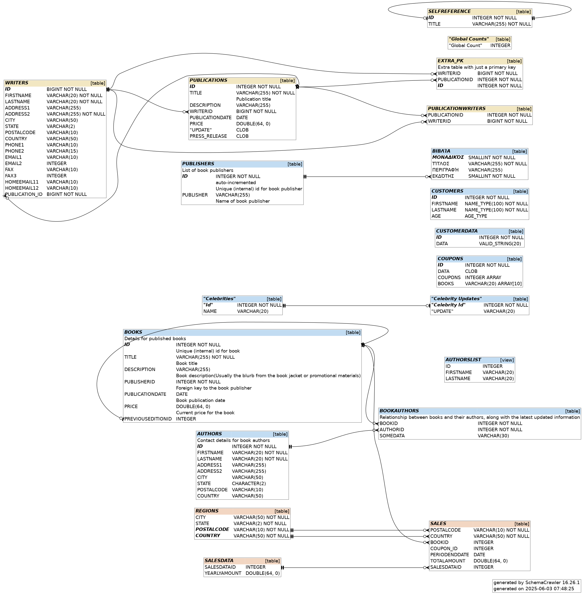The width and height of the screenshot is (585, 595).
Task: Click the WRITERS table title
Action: coord(17,83)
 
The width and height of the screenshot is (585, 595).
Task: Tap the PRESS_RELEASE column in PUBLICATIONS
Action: coord(208,136)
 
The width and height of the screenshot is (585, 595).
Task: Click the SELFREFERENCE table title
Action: coord(449,11)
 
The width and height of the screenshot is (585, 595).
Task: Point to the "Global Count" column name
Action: coord(466,46)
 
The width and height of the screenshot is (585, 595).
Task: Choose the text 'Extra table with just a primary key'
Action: coord(477,67)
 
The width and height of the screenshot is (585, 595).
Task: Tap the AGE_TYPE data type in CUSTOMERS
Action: coord(476,216)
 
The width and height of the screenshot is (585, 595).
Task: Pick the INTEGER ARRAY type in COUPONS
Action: coord(483,278)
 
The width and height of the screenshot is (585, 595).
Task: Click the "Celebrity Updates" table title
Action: coord(456,299)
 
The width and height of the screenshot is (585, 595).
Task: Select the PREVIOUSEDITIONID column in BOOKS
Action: coord(148,419)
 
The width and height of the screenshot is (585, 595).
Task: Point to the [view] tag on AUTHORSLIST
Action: coord(507,360)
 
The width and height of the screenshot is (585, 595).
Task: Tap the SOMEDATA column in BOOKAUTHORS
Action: coord(392,436)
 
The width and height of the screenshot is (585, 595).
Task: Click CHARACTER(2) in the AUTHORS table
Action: coord(249,484)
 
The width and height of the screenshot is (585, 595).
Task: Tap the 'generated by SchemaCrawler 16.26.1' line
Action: coord(536,583)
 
